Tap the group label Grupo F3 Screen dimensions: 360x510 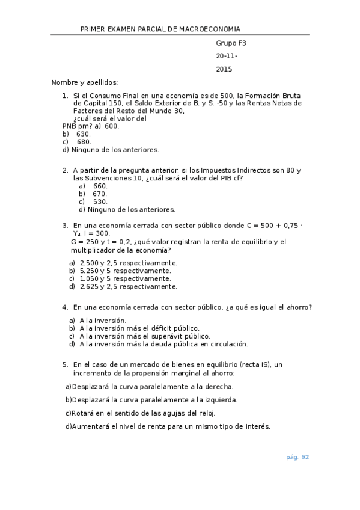(231, 43)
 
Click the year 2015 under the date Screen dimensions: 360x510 (224, 69)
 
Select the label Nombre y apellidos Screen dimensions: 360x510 (85, 82)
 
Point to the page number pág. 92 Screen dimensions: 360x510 (297, 457)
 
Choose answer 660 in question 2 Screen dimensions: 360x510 (100, 186)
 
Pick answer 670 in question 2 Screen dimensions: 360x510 (100, 194)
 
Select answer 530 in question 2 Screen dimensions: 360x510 (100, 201)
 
